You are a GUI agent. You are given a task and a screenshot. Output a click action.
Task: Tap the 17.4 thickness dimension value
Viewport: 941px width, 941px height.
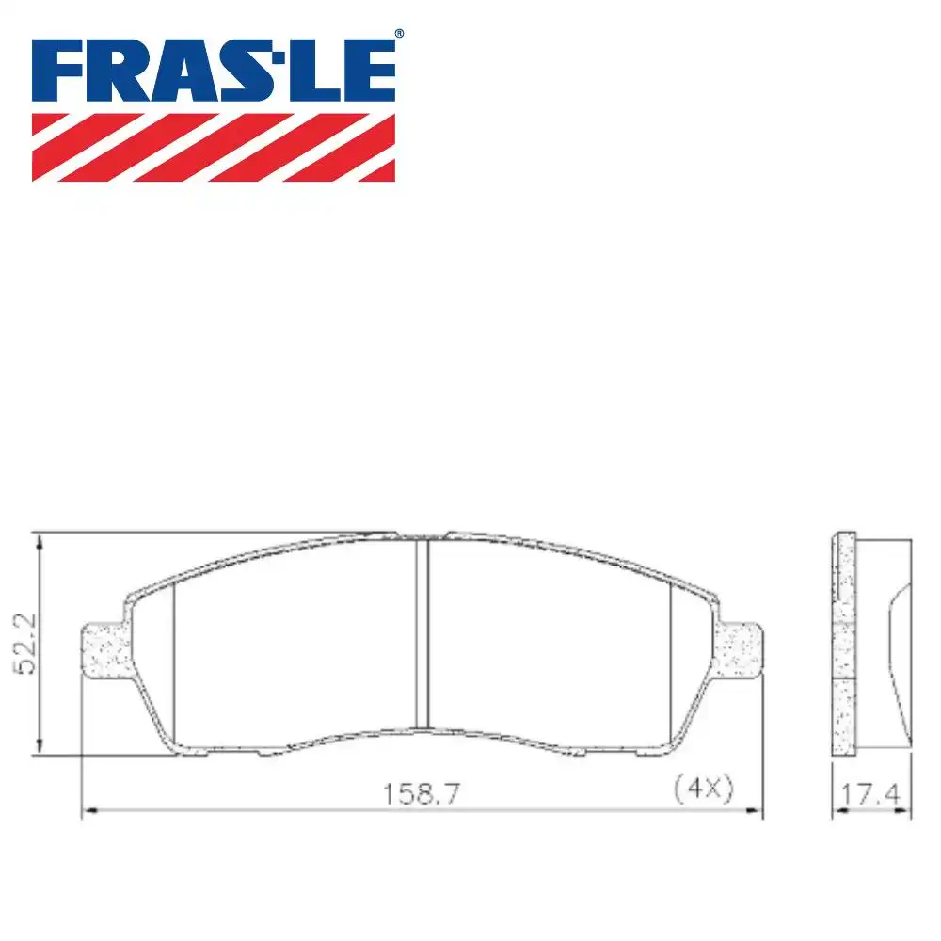point(871,795)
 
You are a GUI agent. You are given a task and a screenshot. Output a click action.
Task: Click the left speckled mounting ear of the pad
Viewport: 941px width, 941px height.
point(104,649)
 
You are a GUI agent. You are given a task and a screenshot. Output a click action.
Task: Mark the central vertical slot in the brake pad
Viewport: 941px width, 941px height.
point(422,632)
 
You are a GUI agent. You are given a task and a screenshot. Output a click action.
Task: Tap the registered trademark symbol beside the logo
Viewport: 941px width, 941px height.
point(399,34)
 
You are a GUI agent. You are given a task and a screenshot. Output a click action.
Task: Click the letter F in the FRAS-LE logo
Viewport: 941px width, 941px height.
point(58,72)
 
